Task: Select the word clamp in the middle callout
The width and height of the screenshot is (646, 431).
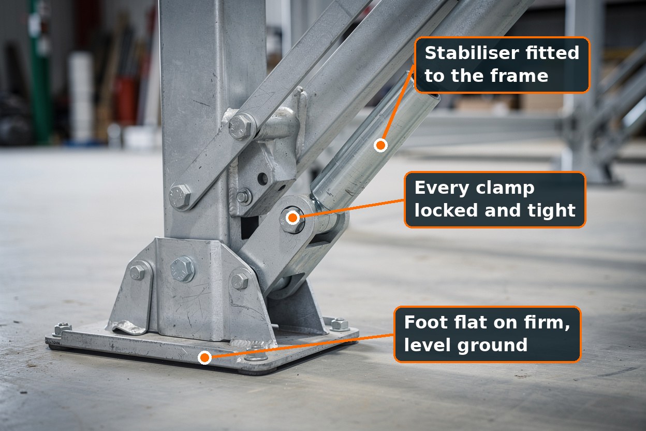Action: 505,189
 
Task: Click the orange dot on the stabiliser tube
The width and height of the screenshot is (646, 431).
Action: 380,145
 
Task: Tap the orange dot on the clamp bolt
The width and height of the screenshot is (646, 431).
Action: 293,218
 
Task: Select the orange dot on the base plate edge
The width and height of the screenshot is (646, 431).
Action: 204,357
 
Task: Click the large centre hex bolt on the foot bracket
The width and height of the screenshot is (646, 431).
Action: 182,269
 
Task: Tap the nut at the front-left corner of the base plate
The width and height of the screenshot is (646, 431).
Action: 62,328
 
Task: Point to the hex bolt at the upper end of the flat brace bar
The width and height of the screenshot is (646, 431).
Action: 241,127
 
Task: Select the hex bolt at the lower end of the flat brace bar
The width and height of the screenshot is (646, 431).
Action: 180,196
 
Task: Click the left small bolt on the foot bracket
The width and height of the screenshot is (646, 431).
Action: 137,272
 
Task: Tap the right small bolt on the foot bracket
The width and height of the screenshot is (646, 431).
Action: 239,281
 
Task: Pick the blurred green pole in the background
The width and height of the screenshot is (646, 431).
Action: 41,72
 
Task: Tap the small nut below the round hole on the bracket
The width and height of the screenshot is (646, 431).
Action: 244,197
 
